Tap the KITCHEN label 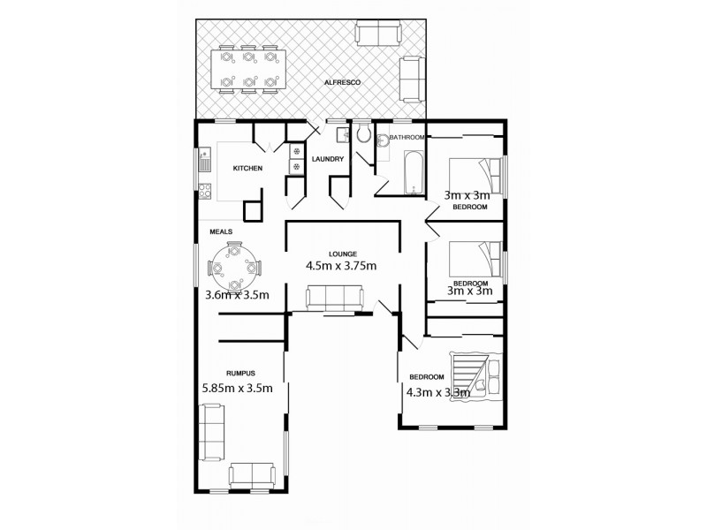247,168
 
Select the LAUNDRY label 327,159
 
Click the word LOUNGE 341,254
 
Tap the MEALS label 221,231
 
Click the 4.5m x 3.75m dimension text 341,265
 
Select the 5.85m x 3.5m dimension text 237,386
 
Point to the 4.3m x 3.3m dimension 437,393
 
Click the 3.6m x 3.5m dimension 237,295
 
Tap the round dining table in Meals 234,267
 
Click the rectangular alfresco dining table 248,69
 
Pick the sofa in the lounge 334,299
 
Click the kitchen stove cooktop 205,189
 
